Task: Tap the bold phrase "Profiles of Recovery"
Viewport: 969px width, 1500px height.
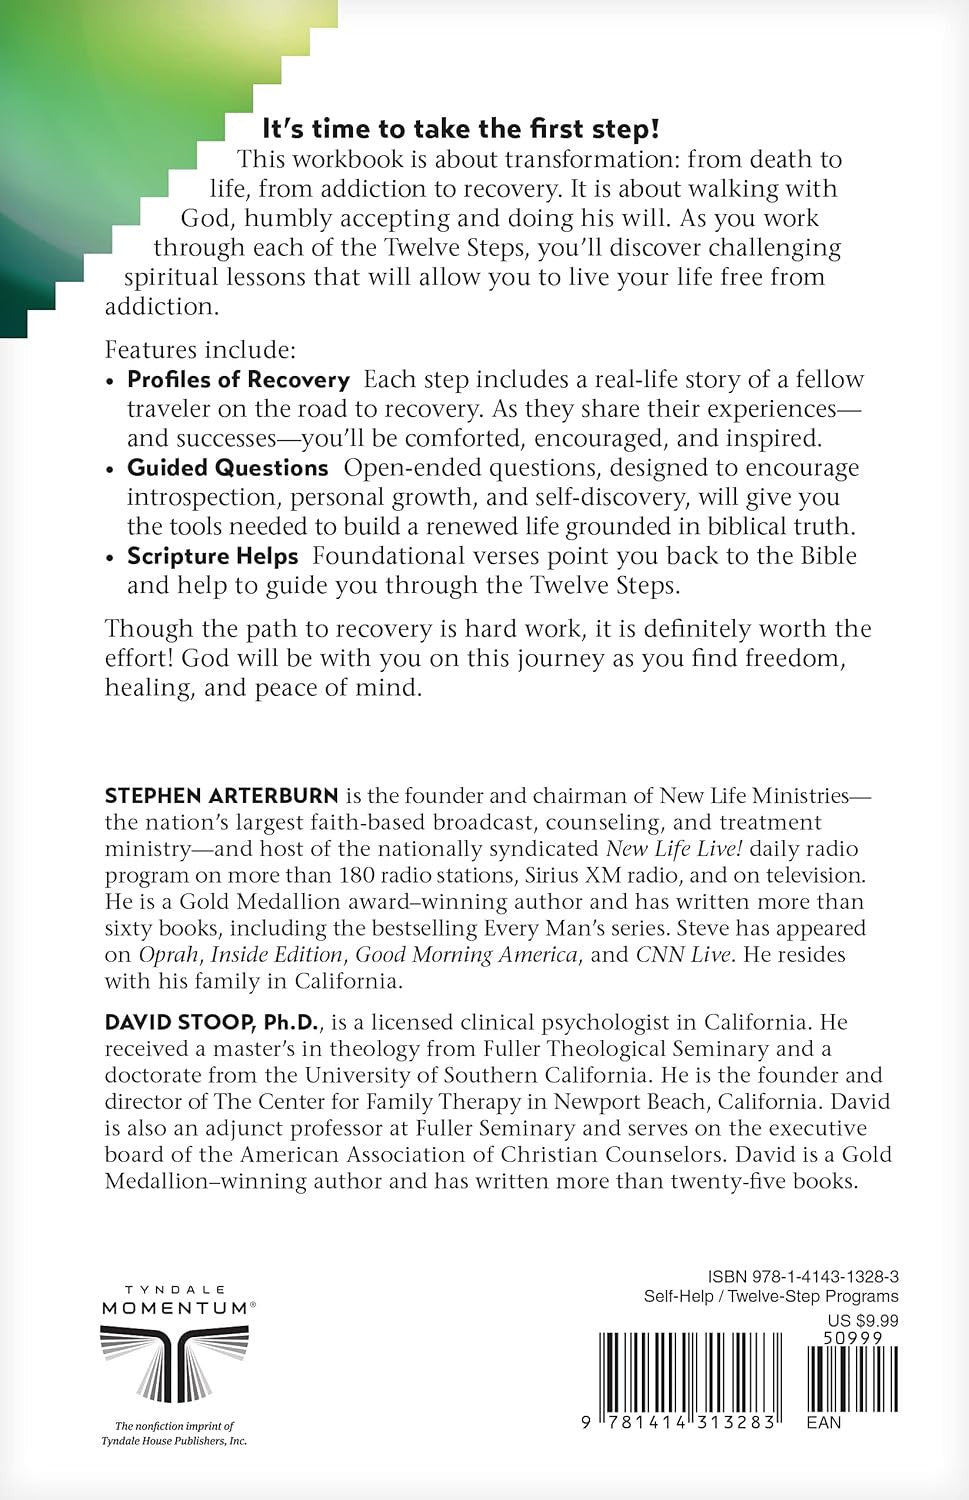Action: pyautogui.click(x=238, y=380)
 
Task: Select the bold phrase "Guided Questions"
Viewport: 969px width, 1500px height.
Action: pyautogui.click(x=227, y=468)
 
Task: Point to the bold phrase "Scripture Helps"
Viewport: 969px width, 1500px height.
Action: pyautogui.click(x=212, y=556)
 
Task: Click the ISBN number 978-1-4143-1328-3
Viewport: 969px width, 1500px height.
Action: pyautogui.click(x=802, y=1277)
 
